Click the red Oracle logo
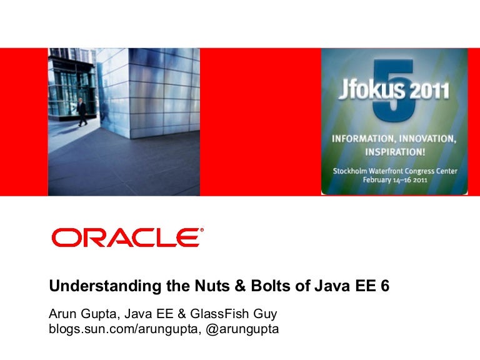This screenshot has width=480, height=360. click(x=127, y=237)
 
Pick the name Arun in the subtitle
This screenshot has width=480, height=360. click(x=62, y=312)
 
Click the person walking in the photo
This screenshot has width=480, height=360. click(x=82, y=111)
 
